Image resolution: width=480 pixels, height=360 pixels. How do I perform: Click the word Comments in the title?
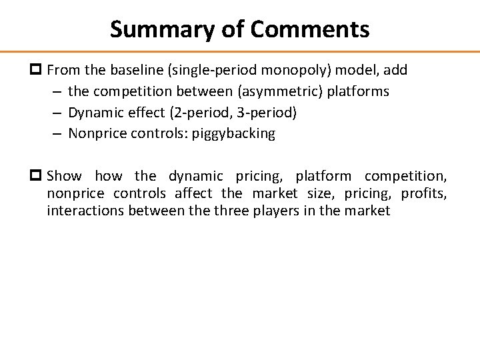pos(311,29)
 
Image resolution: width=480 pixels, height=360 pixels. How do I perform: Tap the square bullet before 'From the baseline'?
pos(38,70)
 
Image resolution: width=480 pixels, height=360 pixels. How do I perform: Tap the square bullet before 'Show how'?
pos(38,177)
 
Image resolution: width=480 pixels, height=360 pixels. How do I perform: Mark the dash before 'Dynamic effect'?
pos(56,113)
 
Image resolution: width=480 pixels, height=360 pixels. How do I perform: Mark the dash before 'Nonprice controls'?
pos(56,133)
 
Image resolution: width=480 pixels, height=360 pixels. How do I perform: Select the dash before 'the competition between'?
pos(56,91)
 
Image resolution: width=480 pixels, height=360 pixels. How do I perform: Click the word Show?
pos(65,177)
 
